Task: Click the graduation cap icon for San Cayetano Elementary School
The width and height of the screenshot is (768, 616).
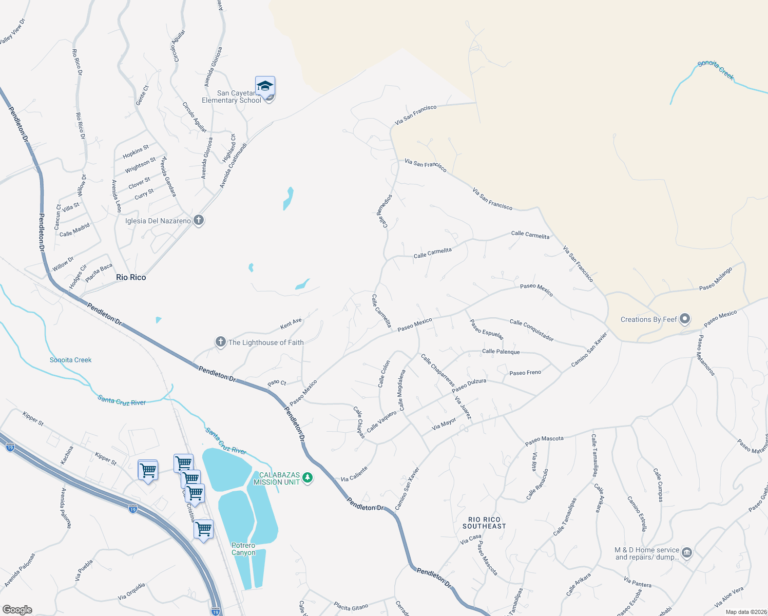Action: pyautogui.click(x=265, y=86)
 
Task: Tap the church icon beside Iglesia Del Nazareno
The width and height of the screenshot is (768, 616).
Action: pyautogui.click(x=199, y=221)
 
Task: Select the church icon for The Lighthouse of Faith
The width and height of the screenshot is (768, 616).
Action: pyautogui.click(x=221, y=342)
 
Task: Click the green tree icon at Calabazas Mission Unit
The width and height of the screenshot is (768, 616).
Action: pyautogui.click(x=308, y=478)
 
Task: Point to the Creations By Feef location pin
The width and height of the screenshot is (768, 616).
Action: pyautogui.click(x=685, y=319)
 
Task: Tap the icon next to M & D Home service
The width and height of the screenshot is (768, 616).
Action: pyautogui.click(x=687, y=553)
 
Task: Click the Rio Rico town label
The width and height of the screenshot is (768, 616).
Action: pyautogui.click(x=131, y=277)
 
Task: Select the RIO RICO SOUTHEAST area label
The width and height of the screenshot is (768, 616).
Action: pyautogui.click(x=484, y=523)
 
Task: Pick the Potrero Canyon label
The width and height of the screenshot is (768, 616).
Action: pyautogui.click(x=243, y=549)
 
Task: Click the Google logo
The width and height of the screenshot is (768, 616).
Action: pyautogui.click(x=17, y=609)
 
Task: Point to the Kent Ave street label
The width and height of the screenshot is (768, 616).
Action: pyautogui.click(x=291, y=324)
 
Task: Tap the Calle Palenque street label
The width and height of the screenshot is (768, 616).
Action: pyautogui.click(x=501, y=352)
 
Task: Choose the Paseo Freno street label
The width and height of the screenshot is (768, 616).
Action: pyautogui.click(x=525, y=373)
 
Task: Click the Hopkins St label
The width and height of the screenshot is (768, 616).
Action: pyautogui.click(x=136, y=152)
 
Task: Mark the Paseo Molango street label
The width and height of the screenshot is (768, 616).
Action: pyautogui.click(x=716, y=279)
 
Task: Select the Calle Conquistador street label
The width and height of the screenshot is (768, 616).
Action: pyautogui.click(x=532, y=330)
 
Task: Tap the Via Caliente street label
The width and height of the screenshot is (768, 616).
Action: pyautogui.click(x=354, y=474)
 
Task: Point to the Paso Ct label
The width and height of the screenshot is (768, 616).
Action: pyautogui.click(x=277, y=383)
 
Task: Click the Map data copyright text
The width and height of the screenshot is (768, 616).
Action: pyautogui.click(x=744, y=612)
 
